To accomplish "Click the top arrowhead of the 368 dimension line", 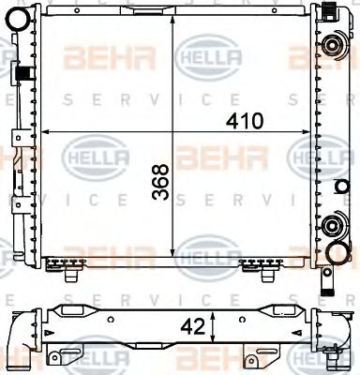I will pyautogui.click(x=173, y=17).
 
